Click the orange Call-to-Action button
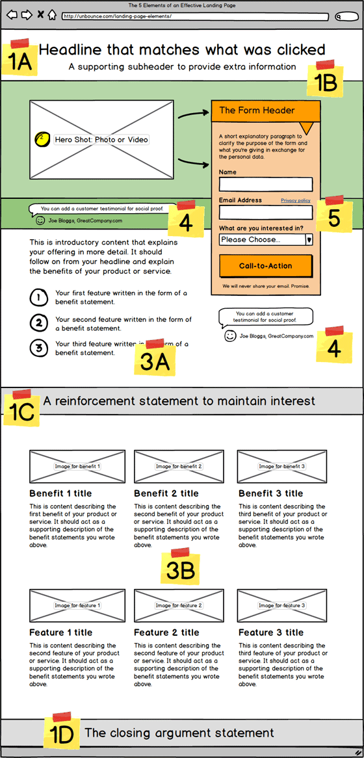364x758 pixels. click(265, 266)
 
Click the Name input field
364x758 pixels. click(265, 184)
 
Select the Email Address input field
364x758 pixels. click(265, 213)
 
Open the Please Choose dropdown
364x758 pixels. click(265, 239)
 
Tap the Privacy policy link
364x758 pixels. click(295, 200)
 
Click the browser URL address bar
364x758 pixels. click(194, 16)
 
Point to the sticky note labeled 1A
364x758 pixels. click(19, 60)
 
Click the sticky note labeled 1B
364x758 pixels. click(325, 81)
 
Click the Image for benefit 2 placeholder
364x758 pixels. click(179, 466)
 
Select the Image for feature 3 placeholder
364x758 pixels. click(281, 605)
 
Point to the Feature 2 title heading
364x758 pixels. click(166, 633)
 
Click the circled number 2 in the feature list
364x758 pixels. click(38, 322)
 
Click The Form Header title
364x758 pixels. click(257, 111)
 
